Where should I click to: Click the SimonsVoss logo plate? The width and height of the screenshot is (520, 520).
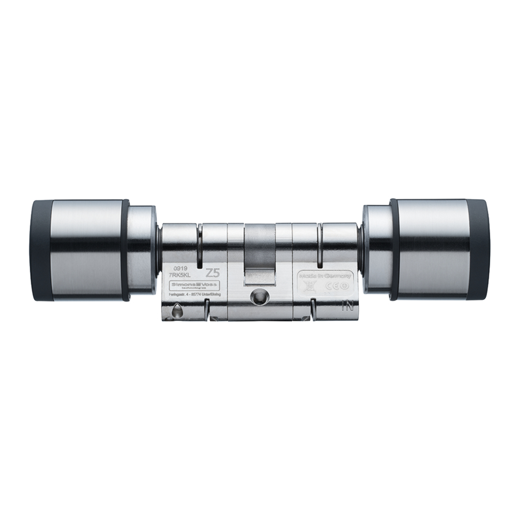[x=193, y=286]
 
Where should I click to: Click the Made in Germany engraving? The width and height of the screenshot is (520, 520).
[x=325, y=277]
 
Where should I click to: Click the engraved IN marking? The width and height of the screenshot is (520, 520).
[x=347, y=306]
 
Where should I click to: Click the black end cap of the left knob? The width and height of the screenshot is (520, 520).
[x=40, y=251]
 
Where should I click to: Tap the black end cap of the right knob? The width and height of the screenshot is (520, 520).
[x=481, y=251]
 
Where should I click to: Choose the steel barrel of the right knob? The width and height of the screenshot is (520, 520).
[x=433, y=251]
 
